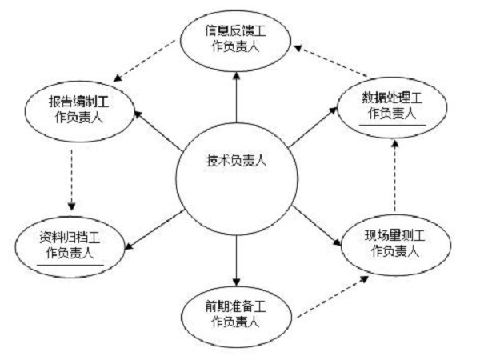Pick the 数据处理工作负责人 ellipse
point(392,104)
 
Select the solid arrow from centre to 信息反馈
point(237,99)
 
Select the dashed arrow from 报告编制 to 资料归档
point(71,178)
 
